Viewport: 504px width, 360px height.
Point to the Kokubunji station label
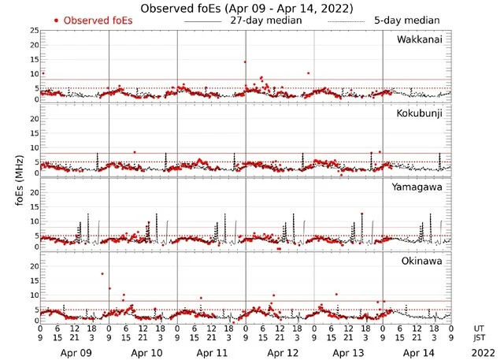tap(422, 113)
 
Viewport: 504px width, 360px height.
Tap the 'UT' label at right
tap(479, 328)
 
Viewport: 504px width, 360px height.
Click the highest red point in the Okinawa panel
tap(102, 273)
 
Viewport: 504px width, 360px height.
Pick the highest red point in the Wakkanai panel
tap(245, 61)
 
